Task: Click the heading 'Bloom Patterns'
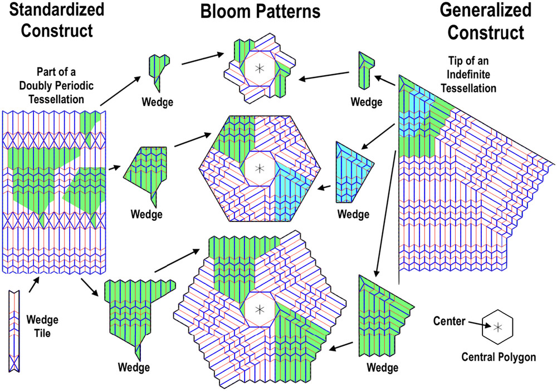coord(260,11)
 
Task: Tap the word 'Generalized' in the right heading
coord(486,9)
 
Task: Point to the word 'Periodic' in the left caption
coord(75,86)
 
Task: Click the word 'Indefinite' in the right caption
coord(468,74)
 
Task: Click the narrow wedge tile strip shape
coord(14,331)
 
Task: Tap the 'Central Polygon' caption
coord(499,357)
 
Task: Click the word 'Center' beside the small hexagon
coord(449,321)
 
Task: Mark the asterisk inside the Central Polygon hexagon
coord(498,327)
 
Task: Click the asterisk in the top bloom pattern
coord(260,68)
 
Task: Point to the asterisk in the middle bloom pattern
coord(260,168)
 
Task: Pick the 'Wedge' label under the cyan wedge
coord(353,214)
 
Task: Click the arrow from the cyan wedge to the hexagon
coord(324,187)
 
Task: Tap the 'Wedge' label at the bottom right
coord(382,367)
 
